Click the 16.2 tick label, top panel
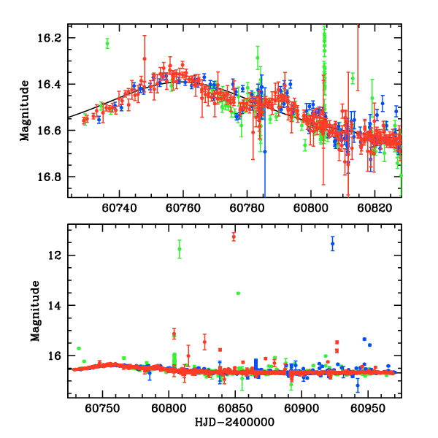pyautogui.click(x=53, y=37)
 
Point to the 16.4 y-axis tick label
pyautogui.click(x=53, y=84)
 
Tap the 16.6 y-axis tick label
pyautogui.click(x=53, y=131)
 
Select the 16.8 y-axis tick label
pyautogui.click(x=53, y=177)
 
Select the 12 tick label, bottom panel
pyautogui.click(x=57, y=255)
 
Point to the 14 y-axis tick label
pyautogui.click(x=57, y=305)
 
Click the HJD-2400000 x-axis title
pyautogui.click(x=234, y=423)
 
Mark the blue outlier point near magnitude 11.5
pyautogui.click(x=332, y=244)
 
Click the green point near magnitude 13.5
pyautogui.click(x=239, y=293)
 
